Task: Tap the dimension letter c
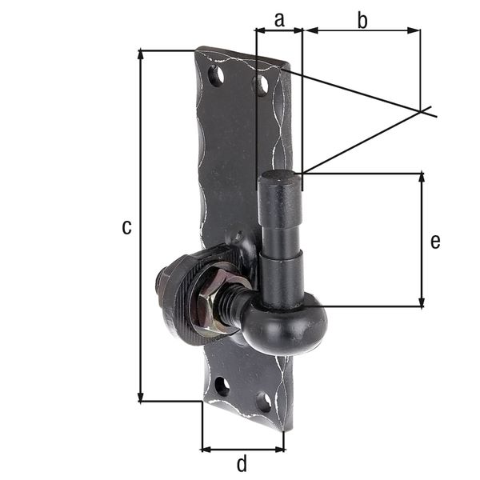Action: (126, 227)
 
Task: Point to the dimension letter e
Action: (434, 241)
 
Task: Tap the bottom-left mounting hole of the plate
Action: (222, 386)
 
